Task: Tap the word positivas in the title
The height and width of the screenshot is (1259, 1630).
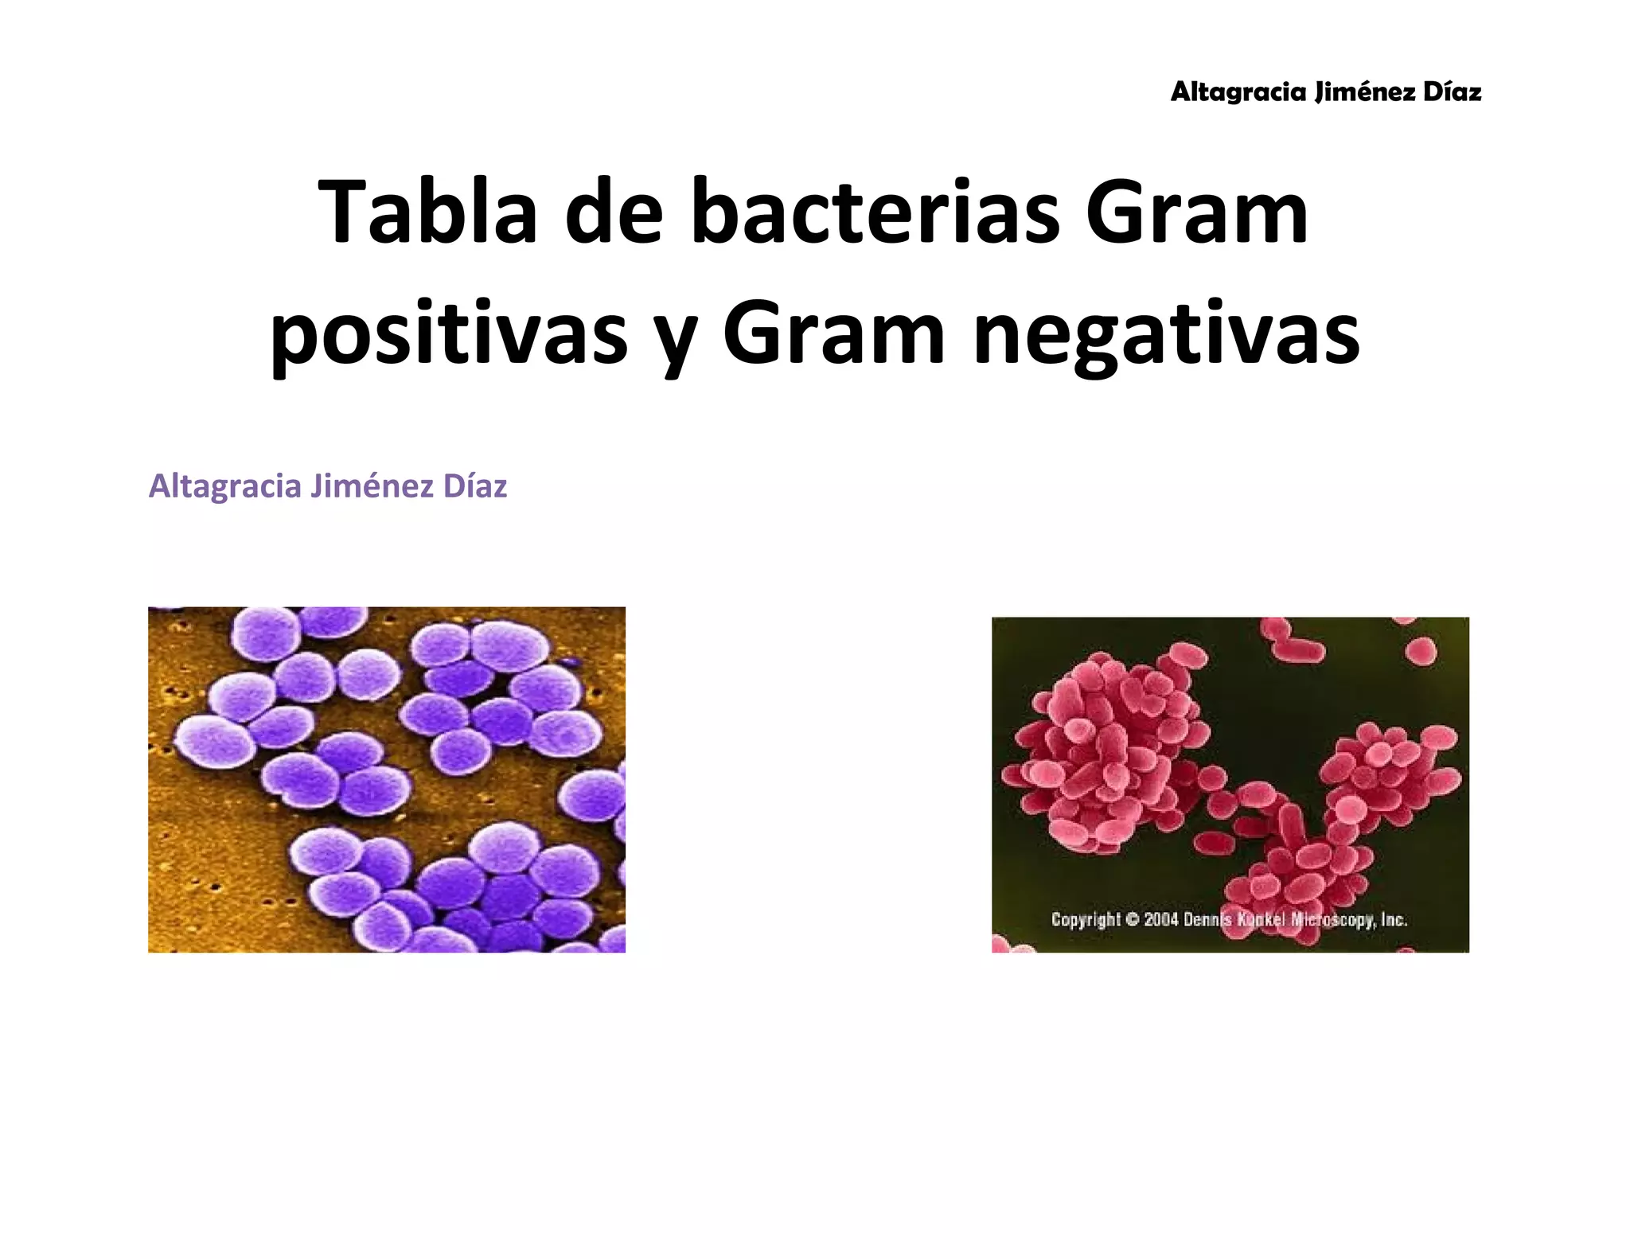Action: click(450, 334)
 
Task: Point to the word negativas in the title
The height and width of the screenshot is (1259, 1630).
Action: click(1167, 334)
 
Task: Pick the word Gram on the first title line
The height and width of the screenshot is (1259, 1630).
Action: click(1196, 212)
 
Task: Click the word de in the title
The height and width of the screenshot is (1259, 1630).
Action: click(614, 212)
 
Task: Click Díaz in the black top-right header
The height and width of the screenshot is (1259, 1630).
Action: click(1452, 92)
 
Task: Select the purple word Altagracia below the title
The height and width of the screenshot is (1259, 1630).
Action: click(224, 487)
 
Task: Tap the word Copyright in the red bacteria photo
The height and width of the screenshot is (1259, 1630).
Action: click(1086, 920)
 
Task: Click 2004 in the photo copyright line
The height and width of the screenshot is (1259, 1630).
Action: click(1161, 919)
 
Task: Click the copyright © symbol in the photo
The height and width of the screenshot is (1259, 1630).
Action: click(1133, 919)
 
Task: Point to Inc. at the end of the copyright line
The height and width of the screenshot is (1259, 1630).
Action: click(1394, 919)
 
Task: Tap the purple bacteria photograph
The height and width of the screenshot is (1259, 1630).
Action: click(386, 779)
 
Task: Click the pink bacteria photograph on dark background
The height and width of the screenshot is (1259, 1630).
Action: click(1230, 764)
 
